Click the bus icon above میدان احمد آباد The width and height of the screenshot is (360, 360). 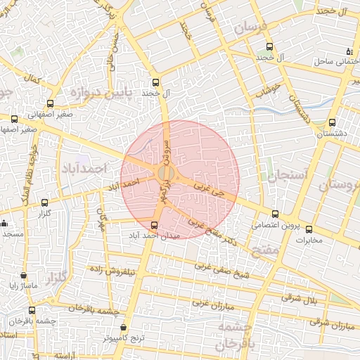pos(155,225)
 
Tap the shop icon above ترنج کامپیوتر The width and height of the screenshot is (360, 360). pos(124,328)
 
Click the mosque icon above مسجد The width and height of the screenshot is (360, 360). pos(4,224)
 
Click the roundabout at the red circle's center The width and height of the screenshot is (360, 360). pos(167,173)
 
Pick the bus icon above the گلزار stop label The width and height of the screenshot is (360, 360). pos(46,202)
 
